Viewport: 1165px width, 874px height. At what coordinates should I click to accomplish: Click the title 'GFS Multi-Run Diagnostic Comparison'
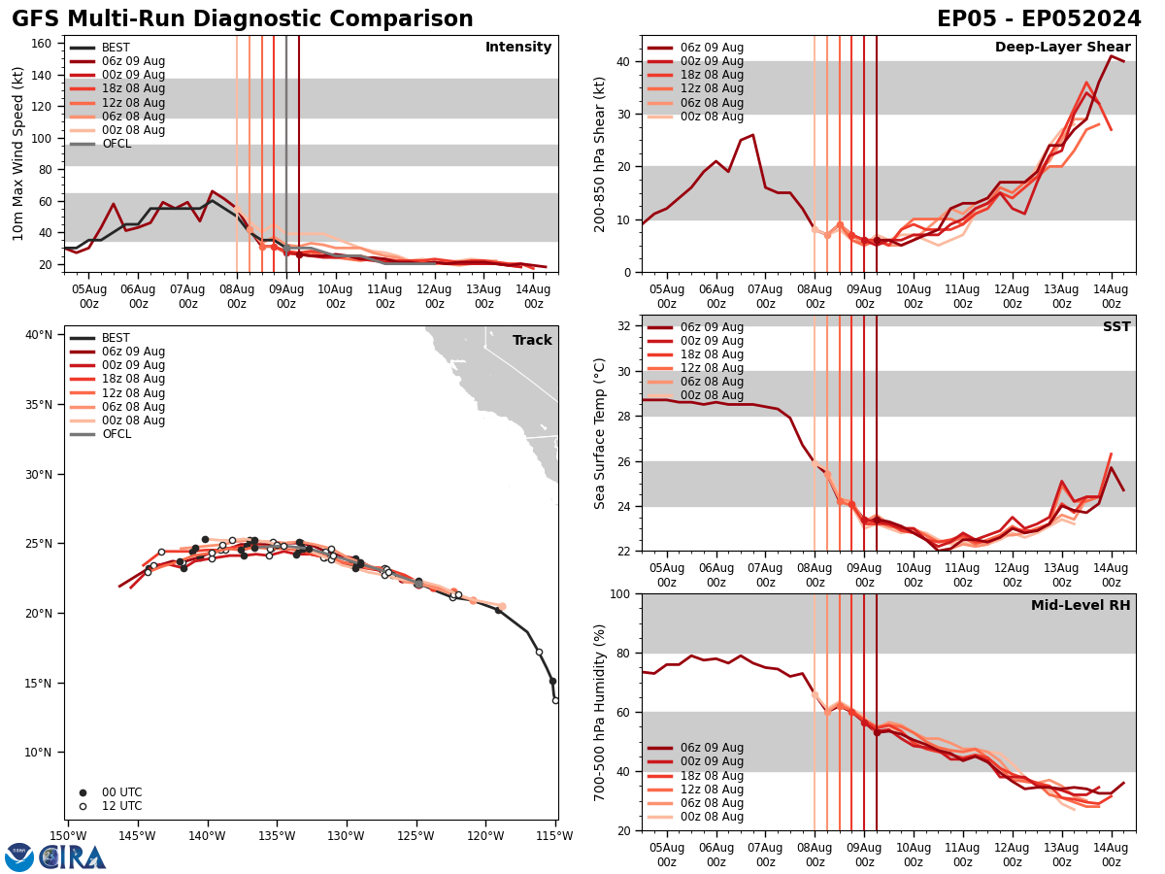(243, 19)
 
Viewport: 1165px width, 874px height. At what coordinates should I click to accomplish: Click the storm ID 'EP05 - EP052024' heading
(1039, 19)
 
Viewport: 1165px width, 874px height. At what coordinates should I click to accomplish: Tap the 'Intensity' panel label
(518, 48)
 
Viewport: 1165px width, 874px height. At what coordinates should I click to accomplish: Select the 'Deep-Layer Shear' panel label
(1062, 48)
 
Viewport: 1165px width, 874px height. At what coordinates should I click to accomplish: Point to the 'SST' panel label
(1116, 327)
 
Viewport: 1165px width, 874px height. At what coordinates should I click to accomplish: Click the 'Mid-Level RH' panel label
(1081, 606)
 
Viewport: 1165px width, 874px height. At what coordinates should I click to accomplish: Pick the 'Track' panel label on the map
(532, 341)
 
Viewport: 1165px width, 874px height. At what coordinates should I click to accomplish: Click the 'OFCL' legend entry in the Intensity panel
(116, 144)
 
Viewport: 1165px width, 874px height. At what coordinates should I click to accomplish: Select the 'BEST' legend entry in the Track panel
(116, 338)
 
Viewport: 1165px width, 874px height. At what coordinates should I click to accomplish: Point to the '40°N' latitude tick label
(39, 335)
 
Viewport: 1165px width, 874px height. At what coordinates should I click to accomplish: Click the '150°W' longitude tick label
(67, 836)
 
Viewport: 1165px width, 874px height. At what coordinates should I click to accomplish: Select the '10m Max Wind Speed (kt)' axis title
(18, 153)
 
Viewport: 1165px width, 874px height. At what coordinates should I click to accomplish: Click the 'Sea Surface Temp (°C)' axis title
(600, 433)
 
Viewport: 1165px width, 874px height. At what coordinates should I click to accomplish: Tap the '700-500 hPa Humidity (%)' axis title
(600, 712)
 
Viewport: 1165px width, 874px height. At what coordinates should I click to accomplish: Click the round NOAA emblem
(19, 857)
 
